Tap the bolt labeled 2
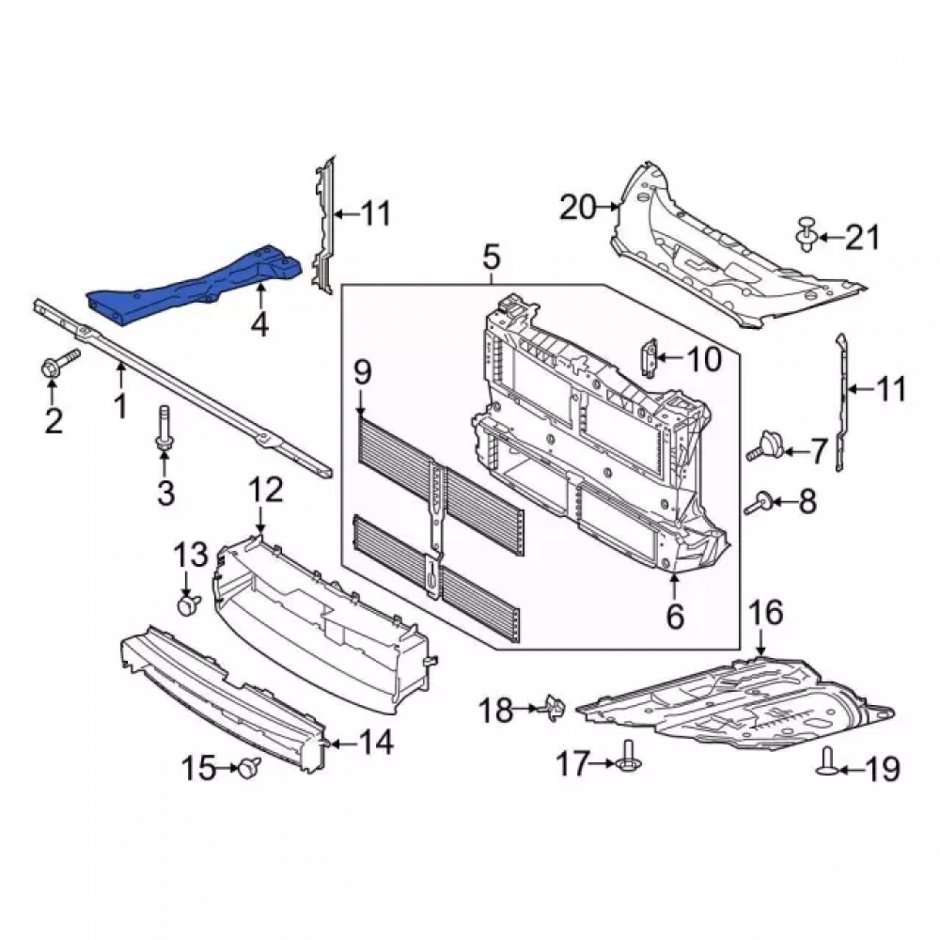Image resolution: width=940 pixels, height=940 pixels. (60, 362)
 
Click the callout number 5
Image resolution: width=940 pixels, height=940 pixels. (490, 258)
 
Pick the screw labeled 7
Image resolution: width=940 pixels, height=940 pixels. (765, 447)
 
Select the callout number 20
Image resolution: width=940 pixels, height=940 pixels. (579, 208)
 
